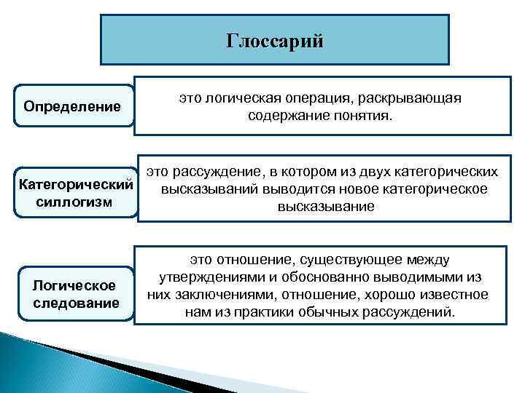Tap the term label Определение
(x=72, y=107)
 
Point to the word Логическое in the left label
(x=75, y=286)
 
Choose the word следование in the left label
(x=76, y=302)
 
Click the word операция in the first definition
(x=313, y=98)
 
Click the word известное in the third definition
(x=451, y=295)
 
